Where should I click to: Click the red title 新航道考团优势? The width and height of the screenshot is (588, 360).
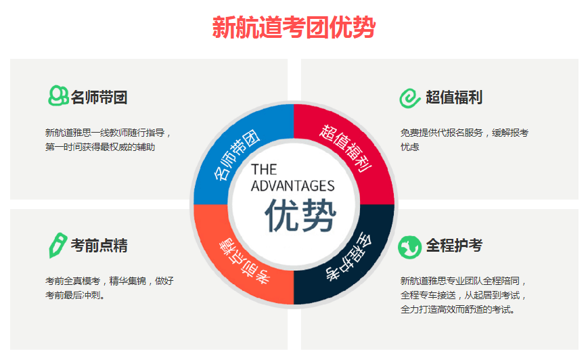(294, 27)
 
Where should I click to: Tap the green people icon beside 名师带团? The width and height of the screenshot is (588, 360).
(58, 95)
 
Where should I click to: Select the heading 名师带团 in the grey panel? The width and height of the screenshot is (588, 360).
(99, 97)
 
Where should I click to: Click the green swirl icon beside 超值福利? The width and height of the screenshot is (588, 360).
(409, 98)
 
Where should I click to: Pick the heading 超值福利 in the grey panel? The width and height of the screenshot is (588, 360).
(454, 97)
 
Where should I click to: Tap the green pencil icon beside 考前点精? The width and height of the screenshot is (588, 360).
(58, 245)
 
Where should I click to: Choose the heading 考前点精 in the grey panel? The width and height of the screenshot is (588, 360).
(99, 246)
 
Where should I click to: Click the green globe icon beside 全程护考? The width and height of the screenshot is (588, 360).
(409, 247)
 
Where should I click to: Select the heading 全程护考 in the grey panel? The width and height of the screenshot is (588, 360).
(454, 246)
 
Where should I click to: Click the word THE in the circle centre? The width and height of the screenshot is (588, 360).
(264, 169)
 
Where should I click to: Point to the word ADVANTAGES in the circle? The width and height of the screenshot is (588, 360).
(292, 186)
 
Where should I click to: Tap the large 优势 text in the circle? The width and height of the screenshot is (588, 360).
(300, 215)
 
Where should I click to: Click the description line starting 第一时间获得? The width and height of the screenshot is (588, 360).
(100, 147)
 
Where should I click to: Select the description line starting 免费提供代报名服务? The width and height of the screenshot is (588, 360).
(464, 133)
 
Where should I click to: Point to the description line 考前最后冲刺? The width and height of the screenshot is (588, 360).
(75, 296)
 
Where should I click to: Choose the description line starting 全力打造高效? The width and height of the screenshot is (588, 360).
(457, 310)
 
